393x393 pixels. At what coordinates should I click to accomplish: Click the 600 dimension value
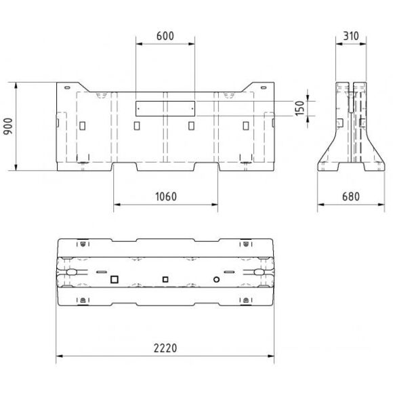click(165, 36)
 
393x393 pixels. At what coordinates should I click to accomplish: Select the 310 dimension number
click(351, 36)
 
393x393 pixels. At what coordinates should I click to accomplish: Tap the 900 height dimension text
click(9, 126)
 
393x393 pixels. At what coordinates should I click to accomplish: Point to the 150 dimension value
click(299, 108)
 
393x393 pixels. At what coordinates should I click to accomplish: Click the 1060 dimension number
click(166, 196)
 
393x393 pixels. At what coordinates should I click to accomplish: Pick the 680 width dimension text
click(351, 196)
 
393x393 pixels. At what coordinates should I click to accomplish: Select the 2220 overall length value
click(165, 348)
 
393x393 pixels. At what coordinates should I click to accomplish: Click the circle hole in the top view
click(217, 279)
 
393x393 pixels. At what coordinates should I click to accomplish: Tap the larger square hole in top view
click(115, 279)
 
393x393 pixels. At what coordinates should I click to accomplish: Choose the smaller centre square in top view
click(165, 279)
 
